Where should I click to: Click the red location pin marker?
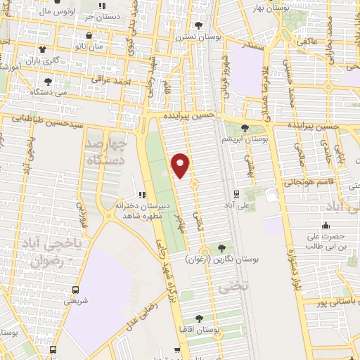[181, 165]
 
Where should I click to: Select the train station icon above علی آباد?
[236, 194]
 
